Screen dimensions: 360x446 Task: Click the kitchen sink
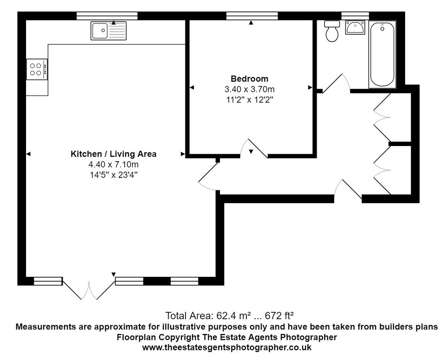coord(109,30)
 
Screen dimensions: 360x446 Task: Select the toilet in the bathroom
coord(332,32)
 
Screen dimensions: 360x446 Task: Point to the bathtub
coord(382,55)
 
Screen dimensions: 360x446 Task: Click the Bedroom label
coord(249,79)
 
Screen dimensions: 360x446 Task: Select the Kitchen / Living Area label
coord(114,154)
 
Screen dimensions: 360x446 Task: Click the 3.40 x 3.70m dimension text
coord(249,89)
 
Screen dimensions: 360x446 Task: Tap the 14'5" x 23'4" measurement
coord(114,174)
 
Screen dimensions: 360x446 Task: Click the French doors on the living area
coord(88,289)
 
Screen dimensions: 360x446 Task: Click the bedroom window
coord(252,16)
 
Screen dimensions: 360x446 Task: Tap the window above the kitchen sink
coord(107,16)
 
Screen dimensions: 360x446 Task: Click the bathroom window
coord(355,16)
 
